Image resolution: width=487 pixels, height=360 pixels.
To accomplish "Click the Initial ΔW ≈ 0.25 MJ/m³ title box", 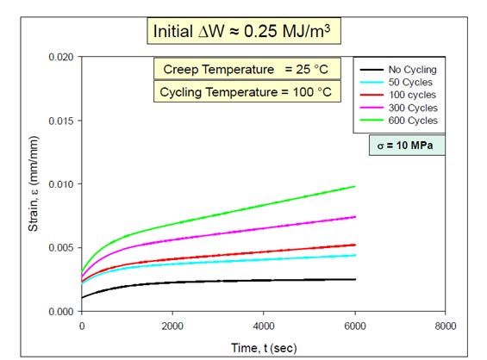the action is tap(244, 31).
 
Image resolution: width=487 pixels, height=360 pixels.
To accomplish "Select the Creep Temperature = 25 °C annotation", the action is tap(247, 69).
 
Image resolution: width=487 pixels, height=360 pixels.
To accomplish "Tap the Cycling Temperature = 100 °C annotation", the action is tap(247, 92).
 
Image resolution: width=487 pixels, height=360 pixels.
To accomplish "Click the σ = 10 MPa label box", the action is tap(407, 146).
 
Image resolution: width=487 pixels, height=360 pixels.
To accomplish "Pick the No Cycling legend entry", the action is tap(398, 70).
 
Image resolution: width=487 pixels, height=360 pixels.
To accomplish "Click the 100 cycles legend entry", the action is tap(398, 95).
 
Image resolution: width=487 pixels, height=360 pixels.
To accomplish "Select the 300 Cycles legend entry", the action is tap(399, 108).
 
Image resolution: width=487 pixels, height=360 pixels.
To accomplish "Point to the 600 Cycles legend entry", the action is tap(399, 121).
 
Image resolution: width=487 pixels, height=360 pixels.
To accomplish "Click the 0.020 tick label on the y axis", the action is tap(61, 57).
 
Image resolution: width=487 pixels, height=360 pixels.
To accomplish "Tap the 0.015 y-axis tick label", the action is tap(61, 121).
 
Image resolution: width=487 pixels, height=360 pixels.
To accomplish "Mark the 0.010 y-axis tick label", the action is tap(61, 184).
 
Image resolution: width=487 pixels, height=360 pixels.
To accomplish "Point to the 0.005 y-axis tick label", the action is tap(61, 248).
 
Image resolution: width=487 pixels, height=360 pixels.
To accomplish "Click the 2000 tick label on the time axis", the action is tap(172, 326).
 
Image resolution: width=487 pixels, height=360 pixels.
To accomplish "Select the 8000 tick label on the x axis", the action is tap(446, 326).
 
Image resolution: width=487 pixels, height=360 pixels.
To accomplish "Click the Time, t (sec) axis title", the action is tap(264, 348).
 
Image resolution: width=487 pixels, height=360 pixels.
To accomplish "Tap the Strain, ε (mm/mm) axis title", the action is tap(33, 183).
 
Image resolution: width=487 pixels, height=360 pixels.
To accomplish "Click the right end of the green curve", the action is tap(355, 187).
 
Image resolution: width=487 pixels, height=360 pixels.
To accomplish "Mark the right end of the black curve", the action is tap(355, 279).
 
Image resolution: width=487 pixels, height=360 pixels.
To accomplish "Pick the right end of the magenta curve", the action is tap(355, 217).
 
